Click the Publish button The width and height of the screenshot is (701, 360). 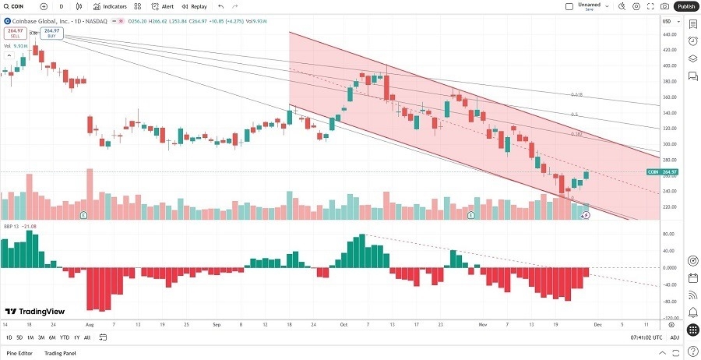point(686,6)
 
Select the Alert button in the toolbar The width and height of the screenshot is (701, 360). point(163,6)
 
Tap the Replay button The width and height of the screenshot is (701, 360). point(195,6)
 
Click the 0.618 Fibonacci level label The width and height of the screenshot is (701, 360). point(576,94)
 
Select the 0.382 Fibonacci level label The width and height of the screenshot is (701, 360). point(576,134)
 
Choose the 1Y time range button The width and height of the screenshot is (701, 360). point(76,337)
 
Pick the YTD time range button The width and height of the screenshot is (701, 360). point(65,337)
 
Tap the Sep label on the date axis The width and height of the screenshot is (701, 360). point(217,323)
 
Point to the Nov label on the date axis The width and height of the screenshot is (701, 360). point(482,323)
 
